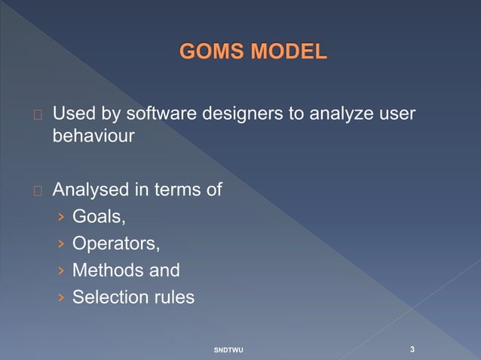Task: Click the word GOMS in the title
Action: pyautogui.click(x=212, y=53)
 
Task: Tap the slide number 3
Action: pyautogui.click(x=412, y=349)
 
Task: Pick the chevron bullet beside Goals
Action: pyautogui.click(x=61, y=218)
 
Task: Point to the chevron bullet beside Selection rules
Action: pyautogui.click(x=61, y=297)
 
